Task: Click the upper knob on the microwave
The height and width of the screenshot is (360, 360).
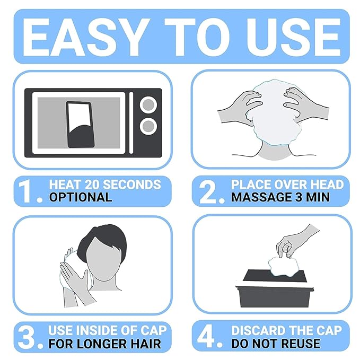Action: (148, 105)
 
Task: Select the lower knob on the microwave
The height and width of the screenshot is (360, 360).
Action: (148, 126)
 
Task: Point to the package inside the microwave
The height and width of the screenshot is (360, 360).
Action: (80, 125)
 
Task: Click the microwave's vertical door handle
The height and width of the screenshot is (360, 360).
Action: (131, 123)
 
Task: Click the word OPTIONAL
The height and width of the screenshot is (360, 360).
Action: (81, 197)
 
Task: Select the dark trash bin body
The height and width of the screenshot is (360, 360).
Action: (275, 296)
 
